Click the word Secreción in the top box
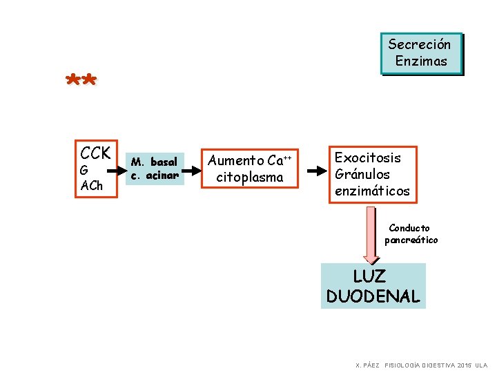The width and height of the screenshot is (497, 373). click(420, 45)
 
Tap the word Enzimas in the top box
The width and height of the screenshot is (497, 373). click(421, 61)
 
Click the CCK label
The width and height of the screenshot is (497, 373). click(96, 152)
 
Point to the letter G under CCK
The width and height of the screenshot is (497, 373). click(84, 170)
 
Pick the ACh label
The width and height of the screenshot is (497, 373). click(91, 185)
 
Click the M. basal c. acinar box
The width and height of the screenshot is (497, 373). click(155, 169)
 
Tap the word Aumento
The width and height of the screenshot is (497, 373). click(236, 161)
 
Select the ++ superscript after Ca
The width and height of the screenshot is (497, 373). click(288, 157)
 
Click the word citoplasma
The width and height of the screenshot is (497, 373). click(250, 178)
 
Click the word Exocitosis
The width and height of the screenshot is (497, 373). click(368, 157)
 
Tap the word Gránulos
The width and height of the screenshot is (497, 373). click(362, 174)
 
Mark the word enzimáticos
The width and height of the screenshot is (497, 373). click(372, 191)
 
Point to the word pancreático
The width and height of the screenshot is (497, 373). click(411, 240)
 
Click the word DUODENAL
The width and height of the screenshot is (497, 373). click(373, 297)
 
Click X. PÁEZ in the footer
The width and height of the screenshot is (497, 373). click(367, 365)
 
